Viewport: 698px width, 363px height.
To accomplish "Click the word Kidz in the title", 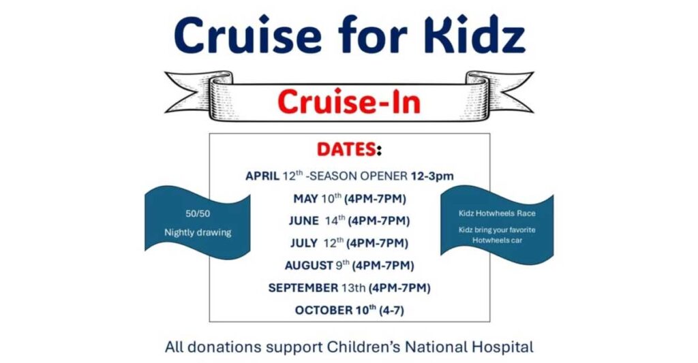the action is [474, 35].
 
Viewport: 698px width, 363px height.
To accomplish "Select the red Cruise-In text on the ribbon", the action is [349, 102].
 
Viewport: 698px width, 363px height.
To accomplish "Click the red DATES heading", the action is [346, 149].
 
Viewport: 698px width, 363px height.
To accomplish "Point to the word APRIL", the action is [262, 176].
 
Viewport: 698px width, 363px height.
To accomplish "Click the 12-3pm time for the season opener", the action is [431, 176].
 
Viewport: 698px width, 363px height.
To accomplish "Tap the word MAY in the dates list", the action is [305, 199].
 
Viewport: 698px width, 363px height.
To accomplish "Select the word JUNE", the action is [303, 221].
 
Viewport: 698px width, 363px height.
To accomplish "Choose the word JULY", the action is [303, 243].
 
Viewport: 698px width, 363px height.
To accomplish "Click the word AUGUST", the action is [309, 266].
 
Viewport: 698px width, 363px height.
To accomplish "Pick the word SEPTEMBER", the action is [303, 288].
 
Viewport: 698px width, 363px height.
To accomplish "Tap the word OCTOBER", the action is [324, 310].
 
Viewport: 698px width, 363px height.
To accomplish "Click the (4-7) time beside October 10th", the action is [391, 310].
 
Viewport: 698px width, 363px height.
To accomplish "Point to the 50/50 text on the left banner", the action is [198, 214].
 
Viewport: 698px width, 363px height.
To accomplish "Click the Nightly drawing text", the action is [198, 232].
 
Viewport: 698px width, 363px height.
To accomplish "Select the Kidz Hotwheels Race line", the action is [497, 213].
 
